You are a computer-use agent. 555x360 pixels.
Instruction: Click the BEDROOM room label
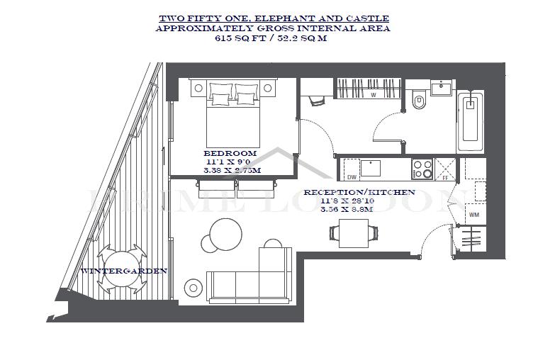click(230, 153)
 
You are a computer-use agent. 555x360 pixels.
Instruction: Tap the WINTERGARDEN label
click(124, 271)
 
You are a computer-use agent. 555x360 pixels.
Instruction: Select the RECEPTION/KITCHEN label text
click(359, 192)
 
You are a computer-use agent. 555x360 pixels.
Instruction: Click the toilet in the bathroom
click(419, 99)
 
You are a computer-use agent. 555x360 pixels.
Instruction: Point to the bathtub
click(471, 121)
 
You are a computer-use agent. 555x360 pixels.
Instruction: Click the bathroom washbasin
click(441, 87)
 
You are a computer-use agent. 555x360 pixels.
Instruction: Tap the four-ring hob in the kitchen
click(422, 169)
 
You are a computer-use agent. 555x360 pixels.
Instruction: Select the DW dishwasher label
click(352, 177)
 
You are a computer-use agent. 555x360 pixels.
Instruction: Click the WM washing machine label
click(474, 215)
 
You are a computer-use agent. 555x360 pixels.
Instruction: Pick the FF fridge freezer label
click(445, 178)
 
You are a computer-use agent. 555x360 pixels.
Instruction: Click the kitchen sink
click(371, 168)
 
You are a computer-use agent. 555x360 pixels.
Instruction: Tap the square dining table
click(354, 233)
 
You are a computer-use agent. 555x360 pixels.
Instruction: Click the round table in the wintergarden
click(121, 269)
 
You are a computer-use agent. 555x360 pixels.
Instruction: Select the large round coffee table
click(226, 235)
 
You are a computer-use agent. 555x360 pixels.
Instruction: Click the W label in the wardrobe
click(373, 95)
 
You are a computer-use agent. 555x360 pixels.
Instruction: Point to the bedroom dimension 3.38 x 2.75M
click(232, 170)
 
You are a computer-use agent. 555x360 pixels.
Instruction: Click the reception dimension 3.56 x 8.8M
click(347, 209)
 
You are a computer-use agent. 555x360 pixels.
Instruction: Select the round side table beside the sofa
click(194, 288)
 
